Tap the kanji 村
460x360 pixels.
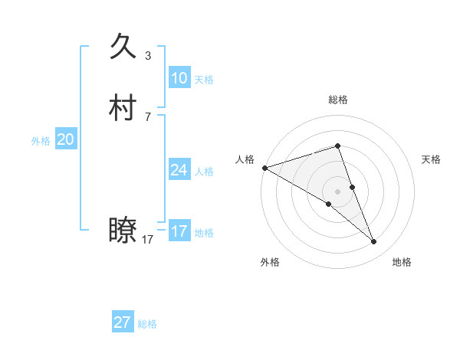[123, 108]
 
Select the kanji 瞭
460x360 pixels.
[123, 231]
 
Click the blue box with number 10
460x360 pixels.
[179, 78]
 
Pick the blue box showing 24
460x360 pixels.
[179, 170]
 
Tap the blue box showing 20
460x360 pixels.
[65, 139]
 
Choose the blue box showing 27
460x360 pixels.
[123, 322]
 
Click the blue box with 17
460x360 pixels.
[179, 231]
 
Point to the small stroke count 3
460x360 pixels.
[148, 56]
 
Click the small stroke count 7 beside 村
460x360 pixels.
[148, 116]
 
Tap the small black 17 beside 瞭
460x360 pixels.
[147, 240]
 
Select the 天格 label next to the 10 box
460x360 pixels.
[204, 80]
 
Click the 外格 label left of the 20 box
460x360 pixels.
[41, 141]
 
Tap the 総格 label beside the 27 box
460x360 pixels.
[147, 324]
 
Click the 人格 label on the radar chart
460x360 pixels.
[245, 159]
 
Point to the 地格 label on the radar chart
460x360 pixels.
[402, 262]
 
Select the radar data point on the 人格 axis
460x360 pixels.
[264, 168]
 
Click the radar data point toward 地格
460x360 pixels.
[374, 242]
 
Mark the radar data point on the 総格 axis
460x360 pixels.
[337, 146]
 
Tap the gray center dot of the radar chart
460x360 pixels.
[337, 191]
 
